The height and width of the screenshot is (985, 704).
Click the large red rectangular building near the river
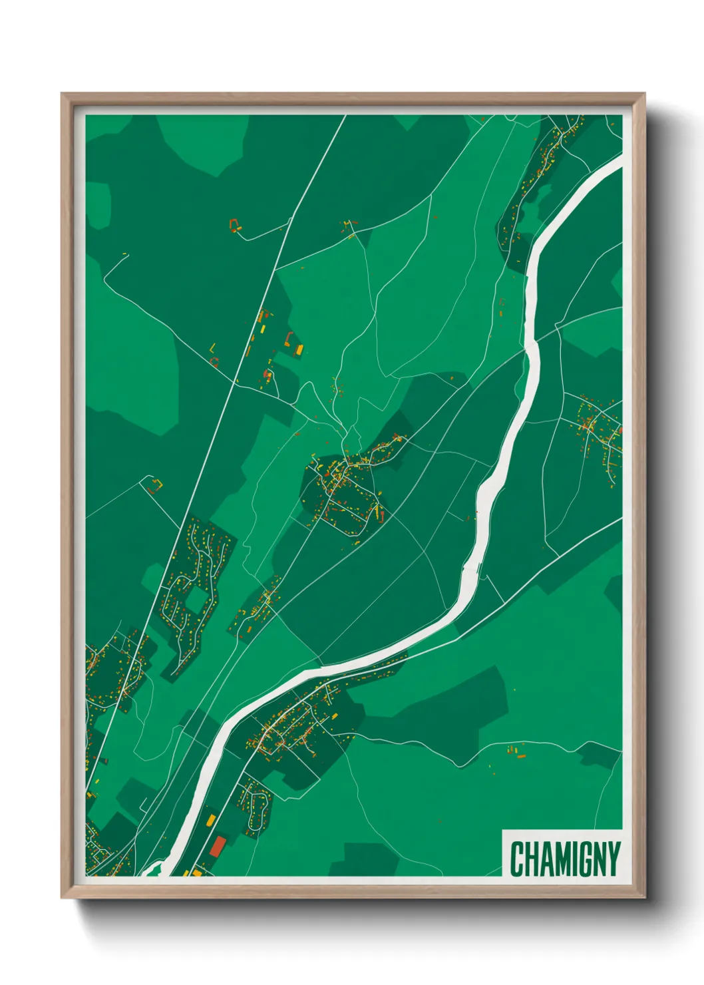(x=218, y=846)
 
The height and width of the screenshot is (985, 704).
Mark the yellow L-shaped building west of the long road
(x=212, y=347)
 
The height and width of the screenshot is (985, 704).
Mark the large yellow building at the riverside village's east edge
(x=334, y=715)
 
